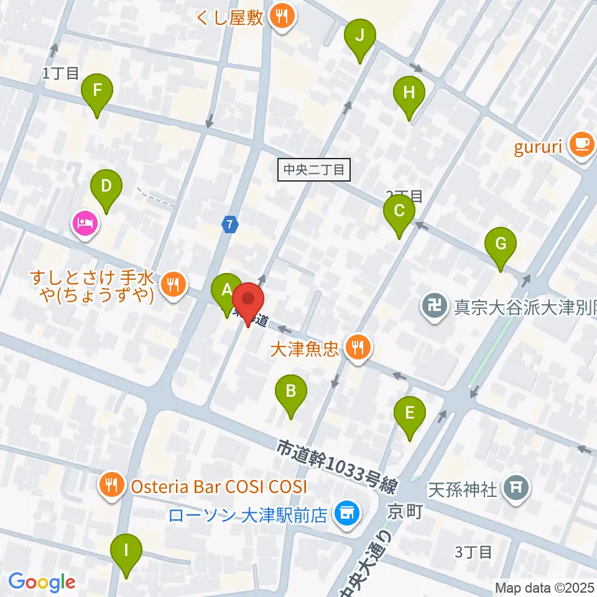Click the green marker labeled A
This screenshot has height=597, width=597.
point(227,289)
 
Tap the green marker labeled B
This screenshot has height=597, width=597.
point(290,391)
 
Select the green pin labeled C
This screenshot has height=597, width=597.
point(399,211)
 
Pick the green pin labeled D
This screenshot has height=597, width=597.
point(106,186)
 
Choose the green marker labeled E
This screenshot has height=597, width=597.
point(410,413)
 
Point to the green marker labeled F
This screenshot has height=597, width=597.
point(97,90)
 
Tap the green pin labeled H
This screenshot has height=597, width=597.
point(409,93)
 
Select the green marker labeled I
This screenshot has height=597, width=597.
point(126,551)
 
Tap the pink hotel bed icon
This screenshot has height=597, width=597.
point(85,223)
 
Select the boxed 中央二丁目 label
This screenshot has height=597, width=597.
point(315,169)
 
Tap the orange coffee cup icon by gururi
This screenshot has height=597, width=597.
point(582,145)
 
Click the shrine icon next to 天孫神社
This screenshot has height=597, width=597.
point(516,487)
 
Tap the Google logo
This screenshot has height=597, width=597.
point(42,583)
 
